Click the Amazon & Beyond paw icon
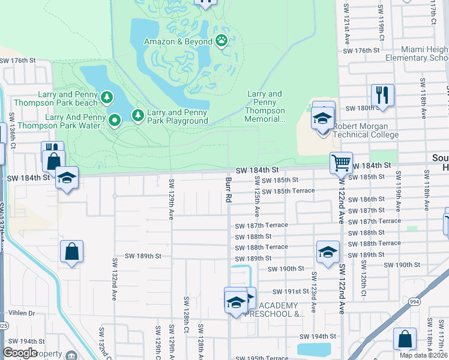coord(222,41)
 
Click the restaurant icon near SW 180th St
coord(382,94)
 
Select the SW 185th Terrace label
coord(294,190)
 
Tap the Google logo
coord(20,353)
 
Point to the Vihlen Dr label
coord(23,313)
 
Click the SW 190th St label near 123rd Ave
coord(286,269)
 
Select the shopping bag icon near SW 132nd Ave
coord(71,252)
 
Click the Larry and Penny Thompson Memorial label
coord(265,106)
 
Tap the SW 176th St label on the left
coord(19,61)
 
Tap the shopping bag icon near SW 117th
coord(405,339)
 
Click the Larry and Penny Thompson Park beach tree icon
coord(106,97)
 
